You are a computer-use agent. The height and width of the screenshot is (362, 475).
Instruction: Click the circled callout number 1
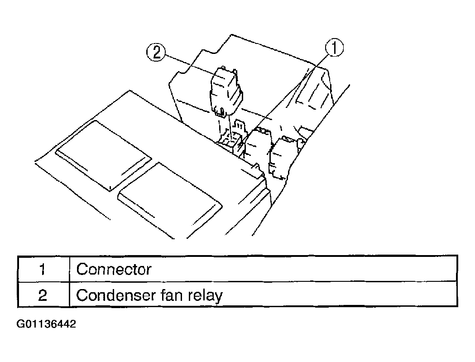335,48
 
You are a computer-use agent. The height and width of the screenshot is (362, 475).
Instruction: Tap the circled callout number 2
156,52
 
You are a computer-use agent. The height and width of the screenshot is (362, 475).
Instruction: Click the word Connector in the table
114,269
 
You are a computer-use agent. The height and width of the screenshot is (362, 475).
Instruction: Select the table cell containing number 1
43,269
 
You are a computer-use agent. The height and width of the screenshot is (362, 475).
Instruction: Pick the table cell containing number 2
43,294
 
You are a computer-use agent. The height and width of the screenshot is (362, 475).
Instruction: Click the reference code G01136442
46,324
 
